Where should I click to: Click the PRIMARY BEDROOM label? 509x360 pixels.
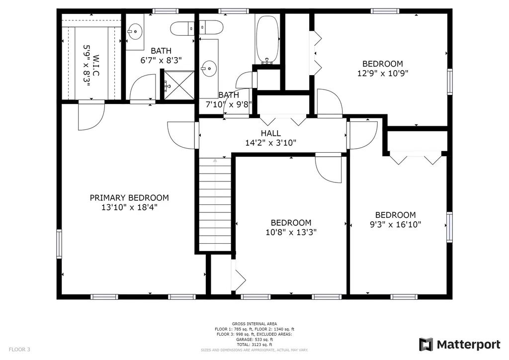point(129,198)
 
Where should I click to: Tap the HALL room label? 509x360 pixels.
point(271,133)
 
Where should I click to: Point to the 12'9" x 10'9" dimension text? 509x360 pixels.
point(382,74)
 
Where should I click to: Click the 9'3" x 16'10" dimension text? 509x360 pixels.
point(395,224)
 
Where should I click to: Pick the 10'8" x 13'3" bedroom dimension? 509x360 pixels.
point(291,232)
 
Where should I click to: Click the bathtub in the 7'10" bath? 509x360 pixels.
point(267,40)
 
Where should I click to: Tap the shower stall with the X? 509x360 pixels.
point(179,86)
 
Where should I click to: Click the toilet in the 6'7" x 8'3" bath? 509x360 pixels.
point(182,28)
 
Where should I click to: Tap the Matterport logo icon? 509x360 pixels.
point(425,345)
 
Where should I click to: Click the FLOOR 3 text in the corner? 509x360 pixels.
point(19,350)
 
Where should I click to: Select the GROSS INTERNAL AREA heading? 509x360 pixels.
point(254,324)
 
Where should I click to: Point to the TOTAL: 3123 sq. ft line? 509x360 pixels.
point(254,345)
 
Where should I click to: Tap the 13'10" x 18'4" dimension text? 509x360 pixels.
point(129,207)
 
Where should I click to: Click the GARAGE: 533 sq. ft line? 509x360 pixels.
point(254,340)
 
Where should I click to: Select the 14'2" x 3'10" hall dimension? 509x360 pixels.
point(271,143)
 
